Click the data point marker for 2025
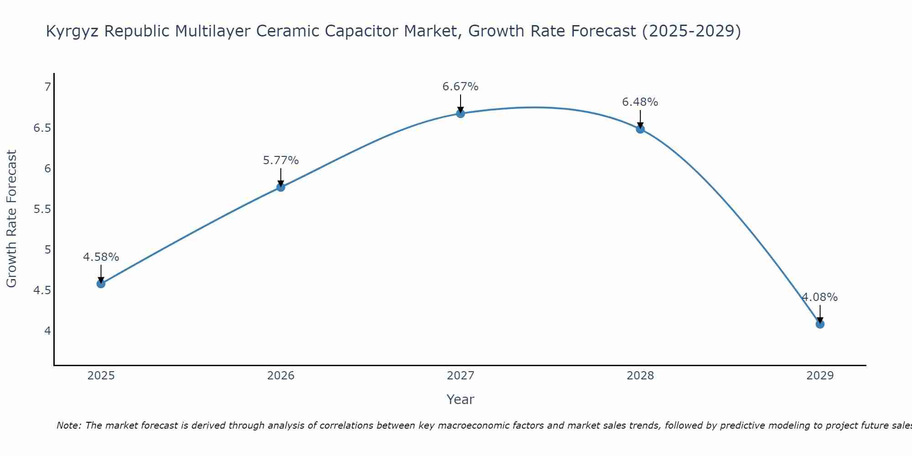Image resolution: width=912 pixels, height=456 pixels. click(x=101, y=284)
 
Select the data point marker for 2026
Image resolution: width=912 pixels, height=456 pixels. click(x=280, y=187)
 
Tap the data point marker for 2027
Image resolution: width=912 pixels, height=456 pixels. click(x=461, y=114)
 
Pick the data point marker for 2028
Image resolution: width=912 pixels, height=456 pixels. click(x=640, y=129)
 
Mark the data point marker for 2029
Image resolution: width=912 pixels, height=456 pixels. click(x=820, y=324)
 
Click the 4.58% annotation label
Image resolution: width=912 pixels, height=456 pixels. click(x=101, y=257)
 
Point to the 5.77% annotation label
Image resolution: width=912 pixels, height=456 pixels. click(x=280, y=161)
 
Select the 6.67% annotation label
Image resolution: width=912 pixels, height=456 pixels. click(x=461, y=87)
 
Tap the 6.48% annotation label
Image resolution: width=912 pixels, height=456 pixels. click(x=640, y=102)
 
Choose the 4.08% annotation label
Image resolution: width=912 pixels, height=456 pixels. click(x=820, y=297)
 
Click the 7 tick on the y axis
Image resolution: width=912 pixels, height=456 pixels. click(x=47, y=87)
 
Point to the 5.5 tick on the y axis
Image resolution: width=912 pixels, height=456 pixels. click(x=42, y=209)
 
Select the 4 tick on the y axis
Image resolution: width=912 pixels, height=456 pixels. click(x=47, y=331)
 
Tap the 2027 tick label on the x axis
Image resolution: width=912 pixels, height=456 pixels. click(x=461, y=376)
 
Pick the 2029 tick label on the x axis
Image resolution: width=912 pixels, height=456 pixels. click(x=820, y=376)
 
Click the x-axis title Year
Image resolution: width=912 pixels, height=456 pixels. click(x=461, y=399)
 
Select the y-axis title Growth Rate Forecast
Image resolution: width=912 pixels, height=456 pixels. click(x=12, y=219)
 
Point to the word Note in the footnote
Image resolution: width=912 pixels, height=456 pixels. click(x=68, y=425)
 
